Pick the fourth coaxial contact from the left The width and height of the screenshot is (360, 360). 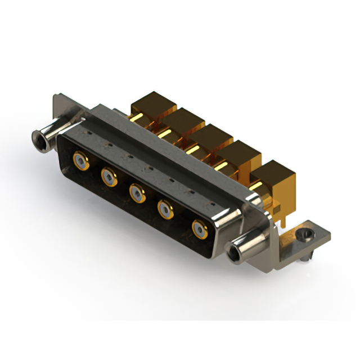[x=166, y=211]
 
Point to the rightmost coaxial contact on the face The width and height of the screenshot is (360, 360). [x=199, y=229]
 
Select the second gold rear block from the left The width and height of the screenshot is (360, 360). [x=182, y=121]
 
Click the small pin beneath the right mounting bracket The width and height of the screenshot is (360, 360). [x=304, y=258]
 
